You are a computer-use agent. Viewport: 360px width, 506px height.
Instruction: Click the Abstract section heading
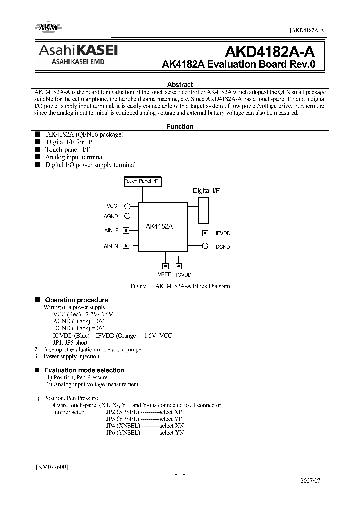(x=180, y=85)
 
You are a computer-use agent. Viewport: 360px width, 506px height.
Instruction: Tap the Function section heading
(x=180, y=127)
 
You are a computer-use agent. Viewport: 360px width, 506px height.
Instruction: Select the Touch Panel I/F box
(x=142, y=182)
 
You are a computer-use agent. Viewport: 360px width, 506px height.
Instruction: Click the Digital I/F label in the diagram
(x=206, y=191)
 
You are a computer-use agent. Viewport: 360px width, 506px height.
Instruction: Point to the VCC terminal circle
(x=127, y=206)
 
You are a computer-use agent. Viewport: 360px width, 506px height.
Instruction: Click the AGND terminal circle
(x=127, y=216)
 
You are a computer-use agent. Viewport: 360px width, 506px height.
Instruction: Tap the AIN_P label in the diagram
(x=111, y=230)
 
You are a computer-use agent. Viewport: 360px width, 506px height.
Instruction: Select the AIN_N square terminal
(x=126, y=246)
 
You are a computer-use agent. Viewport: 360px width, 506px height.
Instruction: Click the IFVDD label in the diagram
(x=223, y=233)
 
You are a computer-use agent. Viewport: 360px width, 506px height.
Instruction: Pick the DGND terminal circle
(x=205, y=246)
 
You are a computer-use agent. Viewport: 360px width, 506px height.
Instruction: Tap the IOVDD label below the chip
(x=183, y=275)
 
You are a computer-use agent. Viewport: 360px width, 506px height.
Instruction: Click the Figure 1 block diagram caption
(x=180, y=286)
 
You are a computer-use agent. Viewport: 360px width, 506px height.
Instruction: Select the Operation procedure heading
(x=76, y=300)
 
